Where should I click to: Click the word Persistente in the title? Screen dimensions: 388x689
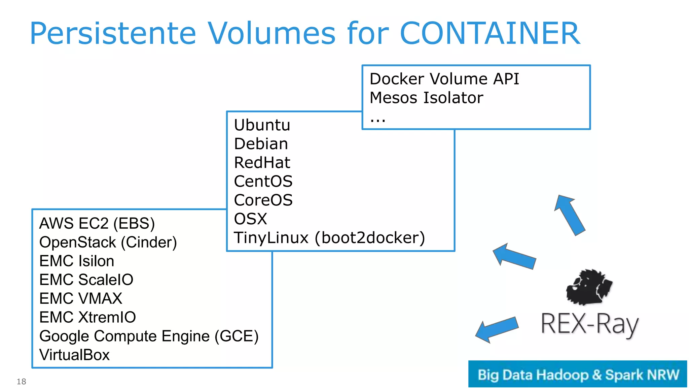click(x=113, y=34)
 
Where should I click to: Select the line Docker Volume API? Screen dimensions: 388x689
click(x=444, y=79)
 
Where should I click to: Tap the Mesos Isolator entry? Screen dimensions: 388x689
click(x=426, y=98)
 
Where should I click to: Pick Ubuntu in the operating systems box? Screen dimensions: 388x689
click(x=262, y=125)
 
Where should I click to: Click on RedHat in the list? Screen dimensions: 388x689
click(x=262, y=163)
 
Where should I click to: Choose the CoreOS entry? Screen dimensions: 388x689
click(x=263, y=200)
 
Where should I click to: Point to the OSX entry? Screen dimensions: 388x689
click(x=250, y=219)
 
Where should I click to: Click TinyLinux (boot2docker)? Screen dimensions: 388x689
click(x=329, y=238)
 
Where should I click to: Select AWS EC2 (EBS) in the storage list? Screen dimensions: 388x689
click(x=97, y=224)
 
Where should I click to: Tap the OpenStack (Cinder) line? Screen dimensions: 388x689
click(x=108, y=243)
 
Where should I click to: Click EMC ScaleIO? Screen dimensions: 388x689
click(x=86, y=280)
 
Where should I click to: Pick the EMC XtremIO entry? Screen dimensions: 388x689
click(x=87, y=317)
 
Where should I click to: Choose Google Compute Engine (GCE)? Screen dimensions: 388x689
click(x=149, y=336)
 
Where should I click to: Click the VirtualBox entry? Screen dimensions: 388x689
click(x=74, y=355)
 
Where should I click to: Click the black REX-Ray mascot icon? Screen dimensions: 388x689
click(x=589, y=287)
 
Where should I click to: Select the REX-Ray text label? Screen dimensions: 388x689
click(x=589, y=324)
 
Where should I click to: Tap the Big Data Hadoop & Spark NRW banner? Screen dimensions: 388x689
click(x=577, y=374)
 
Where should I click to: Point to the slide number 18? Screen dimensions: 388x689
click(x=22, y=382)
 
